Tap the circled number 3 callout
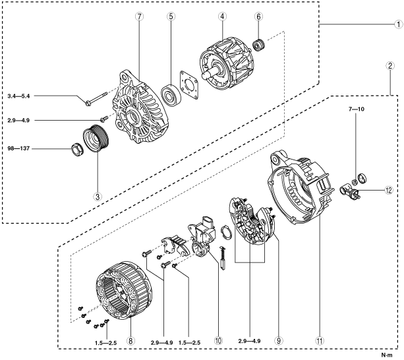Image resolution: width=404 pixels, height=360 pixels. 98,196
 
